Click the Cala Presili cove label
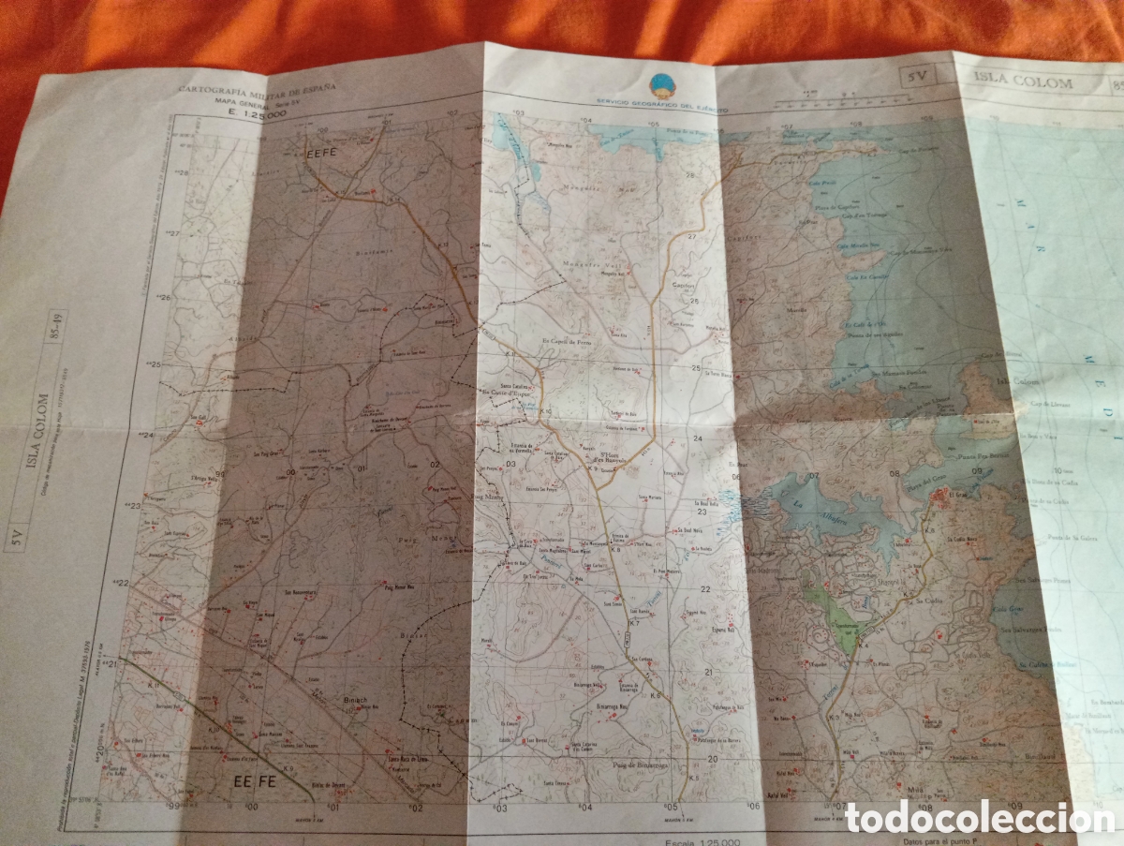(821, 185)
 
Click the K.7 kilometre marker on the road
(633, 623)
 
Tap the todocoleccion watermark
(979, 818)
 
